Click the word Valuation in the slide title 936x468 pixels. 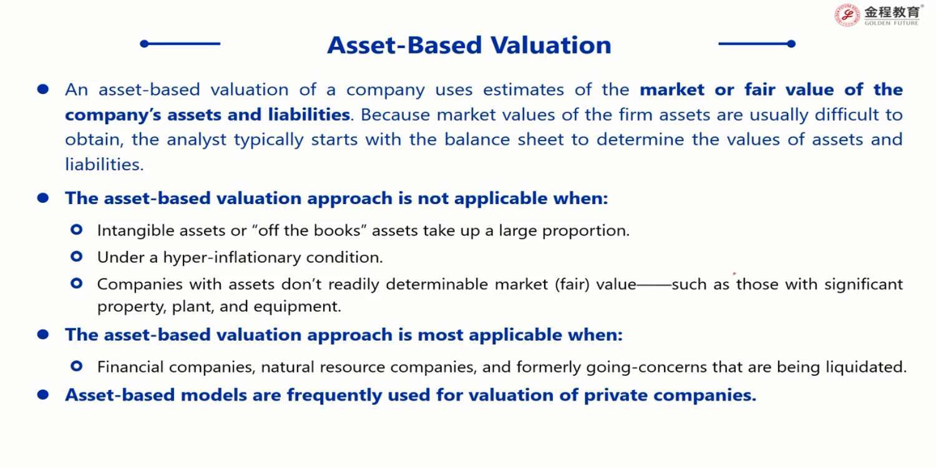click(551, 45)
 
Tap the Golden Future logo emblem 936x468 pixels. click(847, 15)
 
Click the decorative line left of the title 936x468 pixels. click(180, 44)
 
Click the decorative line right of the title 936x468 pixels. click(757, 44)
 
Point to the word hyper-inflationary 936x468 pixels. click(232, 257)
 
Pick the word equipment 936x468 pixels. click(296, 307)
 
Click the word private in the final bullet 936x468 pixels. click(615, 395)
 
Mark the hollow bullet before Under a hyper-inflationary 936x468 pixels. click(77, 256)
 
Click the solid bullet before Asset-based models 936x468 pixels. click(43, 394)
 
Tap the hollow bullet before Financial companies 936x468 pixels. click(77, 366)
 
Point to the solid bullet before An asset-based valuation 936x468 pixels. click(43, 89)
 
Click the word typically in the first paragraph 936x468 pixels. click(268, 140)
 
